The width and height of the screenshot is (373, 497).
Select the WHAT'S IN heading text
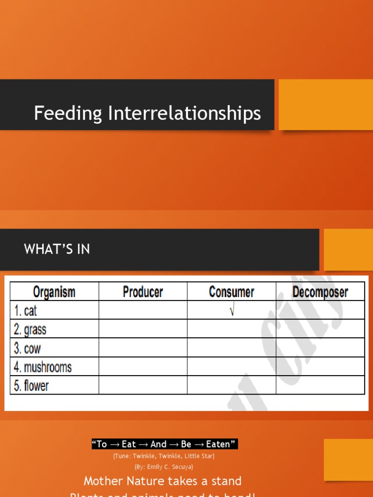[x=57, y=249]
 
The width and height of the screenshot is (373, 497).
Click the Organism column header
[x=54, y=292]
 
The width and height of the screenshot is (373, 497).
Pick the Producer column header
[x=143, y=292]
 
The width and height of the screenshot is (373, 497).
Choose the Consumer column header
[x=231, y=292]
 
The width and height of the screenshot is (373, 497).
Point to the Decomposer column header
[x=320, y=292]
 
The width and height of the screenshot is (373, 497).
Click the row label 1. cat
[x=25, y=311]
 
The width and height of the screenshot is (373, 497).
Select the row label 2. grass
[x=30, y=330]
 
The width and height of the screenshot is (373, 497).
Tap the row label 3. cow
[x=27, y=348]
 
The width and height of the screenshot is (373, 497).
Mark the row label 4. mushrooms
[x=42, y=367]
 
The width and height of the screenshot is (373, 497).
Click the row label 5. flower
[x=31, y=386]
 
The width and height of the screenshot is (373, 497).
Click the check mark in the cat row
[x=232, y=311]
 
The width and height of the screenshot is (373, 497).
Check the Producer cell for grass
[x=143, y=329]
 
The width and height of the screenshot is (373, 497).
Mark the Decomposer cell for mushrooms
[x=320, y=366]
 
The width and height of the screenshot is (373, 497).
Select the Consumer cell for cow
[x=231, y=348]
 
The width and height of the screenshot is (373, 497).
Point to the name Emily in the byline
[x=154, y=467]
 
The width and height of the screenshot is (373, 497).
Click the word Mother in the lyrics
[x=103, y=481]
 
